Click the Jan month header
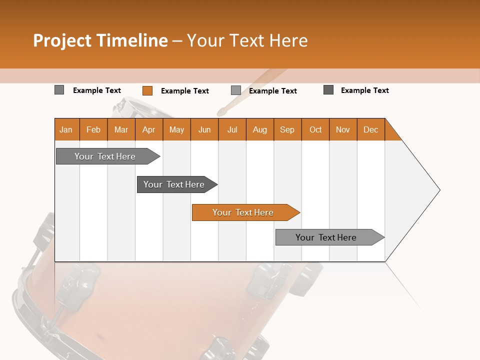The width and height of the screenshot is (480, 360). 66,129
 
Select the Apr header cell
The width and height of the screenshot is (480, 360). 148,129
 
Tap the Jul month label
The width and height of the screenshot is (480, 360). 232,129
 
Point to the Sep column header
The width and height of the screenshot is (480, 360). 287,129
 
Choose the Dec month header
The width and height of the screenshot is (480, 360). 370,129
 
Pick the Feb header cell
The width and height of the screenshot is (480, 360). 93,129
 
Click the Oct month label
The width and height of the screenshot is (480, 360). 315,129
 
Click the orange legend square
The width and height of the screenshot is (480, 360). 147,90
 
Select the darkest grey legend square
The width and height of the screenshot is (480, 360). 328,90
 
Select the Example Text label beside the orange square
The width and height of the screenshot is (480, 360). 184,91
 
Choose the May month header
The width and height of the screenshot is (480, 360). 176,129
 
